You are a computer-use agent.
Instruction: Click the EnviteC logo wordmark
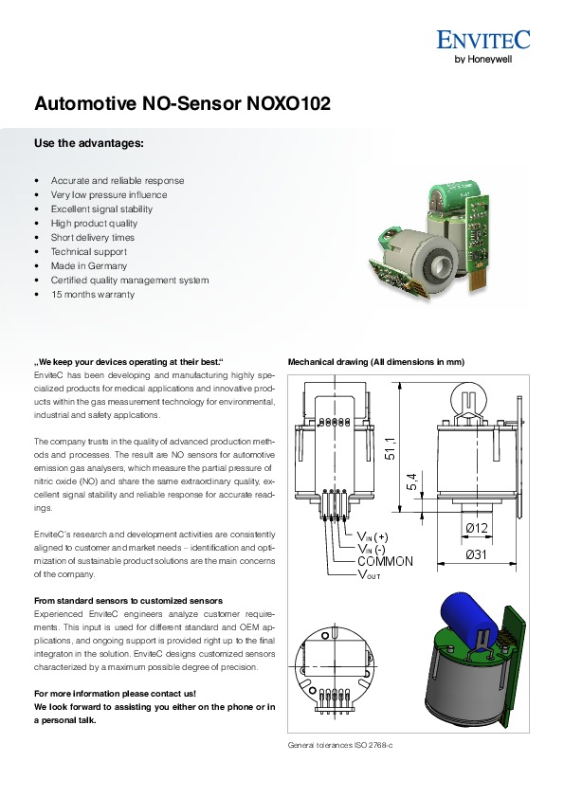pos(483,40)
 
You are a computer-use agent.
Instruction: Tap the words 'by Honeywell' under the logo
pos(482,59)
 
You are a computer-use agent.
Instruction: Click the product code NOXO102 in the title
pos(288,103)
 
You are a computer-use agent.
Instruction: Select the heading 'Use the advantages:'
pos(89,143)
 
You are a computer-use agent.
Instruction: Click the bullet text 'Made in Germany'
pos(88,265)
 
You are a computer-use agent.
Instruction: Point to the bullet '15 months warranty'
pos(93,294)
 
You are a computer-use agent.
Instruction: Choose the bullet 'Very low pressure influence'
pos(109,194)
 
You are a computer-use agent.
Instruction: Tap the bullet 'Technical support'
pos(88,251)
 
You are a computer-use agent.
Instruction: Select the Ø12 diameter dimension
pos(477,528)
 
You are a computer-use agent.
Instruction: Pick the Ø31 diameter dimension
pos(477,554)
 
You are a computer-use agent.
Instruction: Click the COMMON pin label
pos(386,561)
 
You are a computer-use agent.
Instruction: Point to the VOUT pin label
pos(369,575)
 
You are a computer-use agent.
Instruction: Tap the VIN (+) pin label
pos(373,536)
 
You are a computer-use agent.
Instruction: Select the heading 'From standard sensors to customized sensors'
pos(128,601)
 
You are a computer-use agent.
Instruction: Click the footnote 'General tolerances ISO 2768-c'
pos(340,745)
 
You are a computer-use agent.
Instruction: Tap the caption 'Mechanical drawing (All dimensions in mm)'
pos(376,362)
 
